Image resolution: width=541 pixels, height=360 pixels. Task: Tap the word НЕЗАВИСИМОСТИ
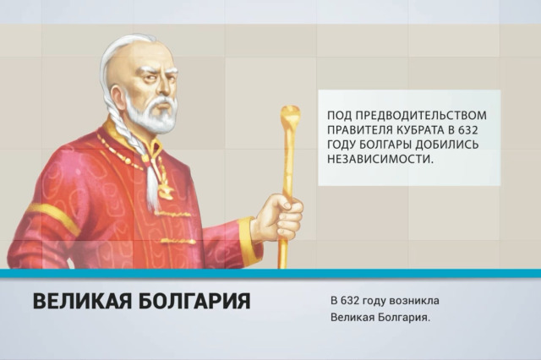[x=380, y=159]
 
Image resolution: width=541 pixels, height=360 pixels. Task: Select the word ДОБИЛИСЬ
[x=447, y=145]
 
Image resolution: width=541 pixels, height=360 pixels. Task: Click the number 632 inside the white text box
[x=468, y=130]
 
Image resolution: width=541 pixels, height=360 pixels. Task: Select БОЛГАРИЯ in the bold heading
[x=194, y=301]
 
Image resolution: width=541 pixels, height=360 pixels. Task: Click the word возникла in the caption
[x=414, y=301]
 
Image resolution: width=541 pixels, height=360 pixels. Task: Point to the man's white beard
[x=152, y=114]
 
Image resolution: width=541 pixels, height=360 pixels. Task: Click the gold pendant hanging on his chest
[x=165, y=191]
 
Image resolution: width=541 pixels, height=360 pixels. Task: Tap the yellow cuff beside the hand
[x=249, y=240]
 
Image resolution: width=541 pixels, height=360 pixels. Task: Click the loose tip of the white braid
[x=152, y=205]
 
